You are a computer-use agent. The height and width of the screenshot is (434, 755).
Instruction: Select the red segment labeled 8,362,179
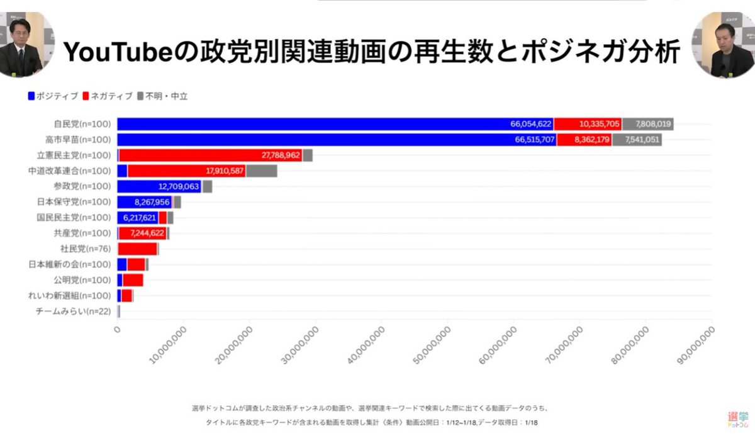(x=584, y=140)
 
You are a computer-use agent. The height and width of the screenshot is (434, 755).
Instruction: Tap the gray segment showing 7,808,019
(x=648, y=124)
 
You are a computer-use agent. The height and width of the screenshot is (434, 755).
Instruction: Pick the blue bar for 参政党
(x=159, y=186)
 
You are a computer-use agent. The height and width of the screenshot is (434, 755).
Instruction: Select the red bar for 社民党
(x=137, y=248)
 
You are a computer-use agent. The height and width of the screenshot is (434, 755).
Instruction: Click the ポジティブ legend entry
(x=53, y=96)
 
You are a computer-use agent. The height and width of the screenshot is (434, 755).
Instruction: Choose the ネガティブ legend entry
(x=108, y=96)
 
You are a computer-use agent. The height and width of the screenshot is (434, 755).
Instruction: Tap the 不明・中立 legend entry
(x=162, y=96)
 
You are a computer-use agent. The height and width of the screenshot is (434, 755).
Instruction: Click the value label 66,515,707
(x=533, y=140)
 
